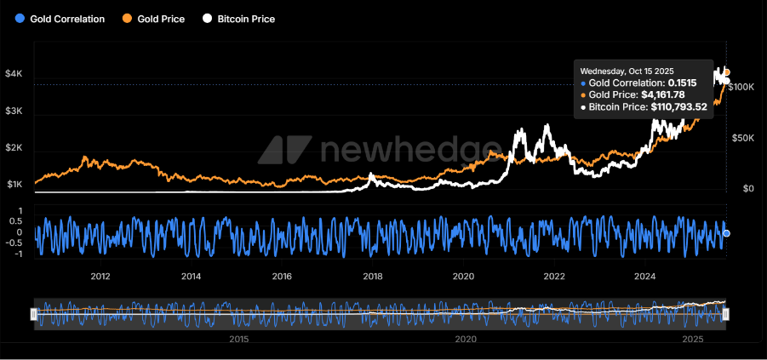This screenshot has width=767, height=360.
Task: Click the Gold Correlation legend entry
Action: point(60,19)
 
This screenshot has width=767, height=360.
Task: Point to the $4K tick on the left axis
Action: point(14,75)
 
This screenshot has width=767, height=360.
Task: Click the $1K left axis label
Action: point(14,185)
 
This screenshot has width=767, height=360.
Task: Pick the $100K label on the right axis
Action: point(744,87)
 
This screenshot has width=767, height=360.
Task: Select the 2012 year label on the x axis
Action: point(100,276)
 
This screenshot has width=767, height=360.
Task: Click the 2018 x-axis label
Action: point(372,276)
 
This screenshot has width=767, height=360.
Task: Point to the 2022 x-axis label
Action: point(554,276)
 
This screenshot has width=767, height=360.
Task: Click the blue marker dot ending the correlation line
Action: point(726,233)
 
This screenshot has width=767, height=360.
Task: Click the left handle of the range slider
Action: point(33,314)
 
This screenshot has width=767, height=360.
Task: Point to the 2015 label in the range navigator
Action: point(238,339)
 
